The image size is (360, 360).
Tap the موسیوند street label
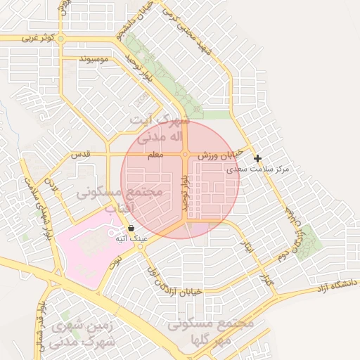[94, 60]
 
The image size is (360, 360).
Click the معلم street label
[155, 155]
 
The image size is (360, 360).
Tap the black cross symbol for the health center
[258, 159]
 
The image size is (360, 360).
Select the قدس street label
[82, 154]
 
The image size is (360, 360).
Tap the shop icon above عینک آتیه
[131, 228]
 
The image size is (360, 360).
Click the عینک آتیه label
[131, 238]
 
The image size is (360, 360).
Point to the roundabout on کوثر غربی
[61, 39]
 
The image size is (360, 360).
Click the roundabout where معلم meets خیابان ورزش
[185, 154]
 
